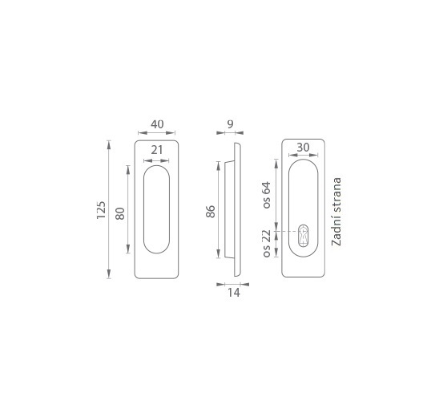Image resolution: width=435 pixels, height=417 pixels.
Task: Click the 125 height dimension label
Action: [101, 210]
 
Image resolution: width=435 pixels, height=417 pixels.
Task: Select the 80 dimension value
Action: [120, 213]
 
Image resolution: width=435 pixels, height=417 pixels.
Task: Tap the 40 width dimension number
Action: [157, 124]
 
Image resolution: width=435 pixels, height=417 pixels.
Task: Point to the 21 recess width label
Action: [157, 150]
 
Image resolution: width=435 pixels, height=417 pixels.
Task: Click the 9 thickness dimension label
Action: [230, 124]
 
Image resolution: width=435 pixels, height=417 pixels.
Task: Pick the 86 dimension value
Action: [211, 212]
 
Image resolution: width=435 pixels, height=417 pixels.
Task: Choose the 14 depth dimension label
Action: [234, 293]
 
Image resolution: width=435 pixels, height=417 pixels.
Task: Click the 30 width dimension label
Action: [303, 147]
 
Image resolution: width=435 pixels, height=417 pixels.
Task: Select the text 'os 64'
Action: [266, 195]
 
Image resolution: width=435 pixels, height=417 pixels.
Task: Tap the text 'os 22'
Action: [266, 244]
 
